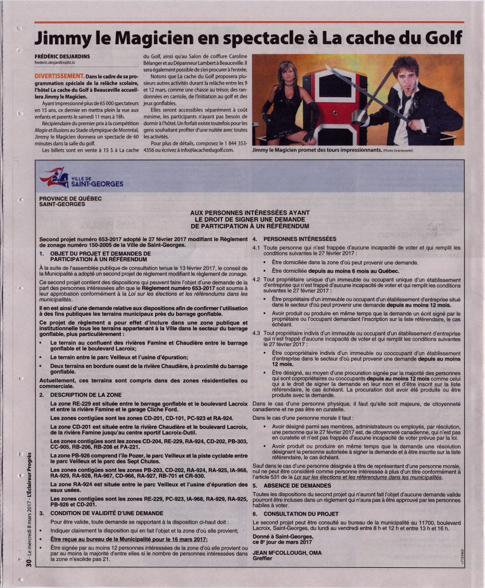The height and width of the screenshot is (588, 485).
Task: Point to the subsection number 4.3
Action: coord(257,333)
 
